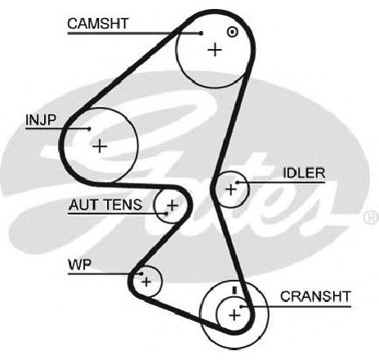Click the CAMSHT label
coord(98,24)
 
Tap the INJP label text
coord(41,120)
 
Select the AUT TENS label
coord(105,205)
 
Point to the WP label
coord(79,264)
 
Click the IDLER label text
coord(304,173)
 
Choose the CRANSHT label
coord(315,296)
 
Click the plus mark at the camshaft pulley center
coord(215,50)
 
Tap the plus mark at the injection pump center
coord(100,146)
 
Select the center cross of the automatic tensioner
coord(172,205)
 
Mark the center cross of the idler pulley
coord(231,189)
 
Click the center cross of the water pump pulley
coord(146,282)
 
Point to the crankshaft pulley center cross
coord(234,316)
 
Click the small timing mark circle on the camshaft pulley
coord(232,32)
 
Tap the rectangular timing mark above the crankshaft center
coord(235,291)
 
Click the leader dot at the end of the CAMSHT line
coord(201,33)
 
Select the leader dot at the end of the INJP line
coord(89,129)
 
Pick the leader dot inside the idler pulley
coord(238,182)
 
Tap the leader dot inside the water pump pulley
coord(141,273)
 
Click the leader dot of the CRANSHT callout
coord(241,307)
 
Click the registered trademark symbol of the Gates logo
coord(372,217)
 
